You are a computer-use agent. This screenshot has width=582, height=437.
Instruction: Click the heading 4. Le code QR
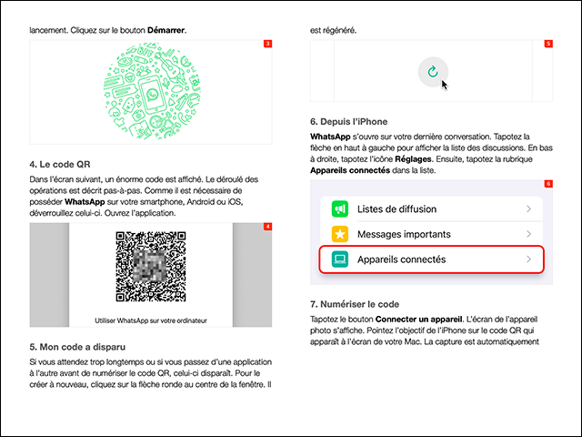[x=61, y=166]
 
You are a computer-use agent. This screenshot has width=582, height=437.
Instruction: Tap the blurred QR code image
[x=150, y=266]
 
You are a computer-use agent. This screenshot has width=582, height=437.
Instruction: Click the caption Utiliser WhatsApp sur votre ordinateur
[x=150, y=320]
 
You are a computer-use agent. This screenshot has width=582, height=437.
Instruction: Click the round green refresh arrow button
[x=432, y=71]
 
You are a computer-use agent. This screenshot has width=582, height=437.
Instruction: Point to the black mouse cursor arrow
[x=445, y=85]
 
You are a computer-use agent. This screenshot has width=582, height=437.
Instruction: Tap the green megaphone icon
[x=340, y=210]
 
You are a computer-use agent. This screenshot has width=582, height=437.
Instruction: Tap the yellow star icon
[x=340, y=235]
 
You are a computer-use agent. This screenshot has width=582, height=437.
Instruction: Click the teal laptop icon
[x=340, y=260]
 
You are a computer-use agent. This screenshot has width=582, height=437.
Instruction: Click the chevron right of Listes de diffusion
[x=528, y=210]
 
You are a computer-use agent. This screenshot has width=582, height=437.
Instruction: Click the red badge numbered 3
[x=267, y=44]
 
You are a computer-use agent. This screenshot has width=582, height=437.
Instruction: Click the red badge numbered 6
[x=547, y=184]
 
